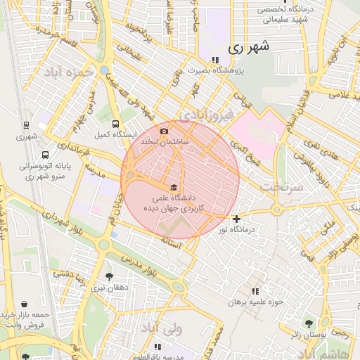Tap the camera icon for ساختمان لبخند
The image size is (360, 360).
(164, 131)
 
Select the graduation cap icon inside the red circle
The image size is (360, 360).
(174, 186)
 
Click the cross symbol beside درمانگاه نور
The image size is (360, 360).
(236, 219)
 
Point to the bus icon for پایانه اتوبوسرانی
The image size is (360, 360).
(46, 155)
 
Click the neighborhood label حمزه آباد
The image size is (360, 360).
(68, 72)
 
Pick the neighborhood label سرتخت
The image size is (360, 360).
(281, 187)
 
